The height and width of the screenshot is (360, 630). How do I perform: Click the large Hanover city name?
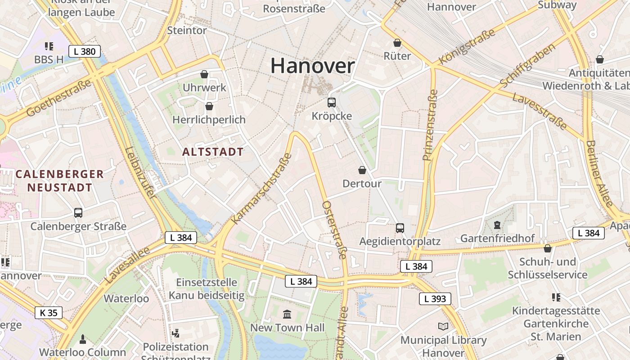click(x=312, y=66)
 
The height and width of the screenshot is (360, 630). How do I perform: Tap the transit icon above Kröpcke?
click(x=332, y=102)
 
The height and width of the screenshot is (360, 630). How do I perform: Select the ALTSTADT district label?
click(x=213, y=152)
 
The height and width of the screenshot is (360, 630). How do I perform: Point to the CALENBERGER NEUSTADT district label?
click(x=59, y=180)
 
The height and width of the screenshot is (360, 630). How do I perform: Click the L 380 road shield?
click(x=85, y=51)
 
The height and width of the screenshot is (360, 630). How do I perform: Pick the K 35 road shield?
click(x=49, y=312)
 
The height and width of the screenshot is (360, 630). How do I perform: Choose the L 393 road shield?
click(x=435, y=298)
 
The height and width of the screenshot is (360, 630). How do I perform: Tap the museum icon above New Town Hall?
click(x=287, y=314)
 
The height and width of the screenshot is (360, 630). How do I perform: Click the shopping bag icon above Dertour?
click(x=362, y=170)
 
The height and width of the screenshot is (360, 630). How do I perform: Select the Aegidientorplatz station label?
click(x=400, y=241)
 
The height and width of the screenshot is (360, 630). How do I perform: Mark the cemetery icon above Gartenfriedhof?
click(x=497, y=225)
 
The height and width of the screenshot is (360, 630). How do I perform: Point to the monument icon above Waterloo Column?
click(x=83, y=338)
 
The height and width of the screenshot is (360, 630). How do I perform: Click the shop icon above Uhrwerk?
click(x=204, y=74)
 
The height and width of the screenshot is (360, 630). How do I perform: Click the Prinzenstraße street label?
click(x=430, y=125)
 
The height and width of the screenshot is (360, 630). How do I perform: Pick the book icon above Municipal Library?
click(x=443, y=327)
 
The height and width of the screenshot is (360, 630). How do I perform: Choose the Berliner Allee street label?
click(x=599, y=174)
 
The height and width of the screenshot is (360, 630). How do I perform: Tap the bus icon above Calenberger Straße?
click(x=78, y=212)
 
